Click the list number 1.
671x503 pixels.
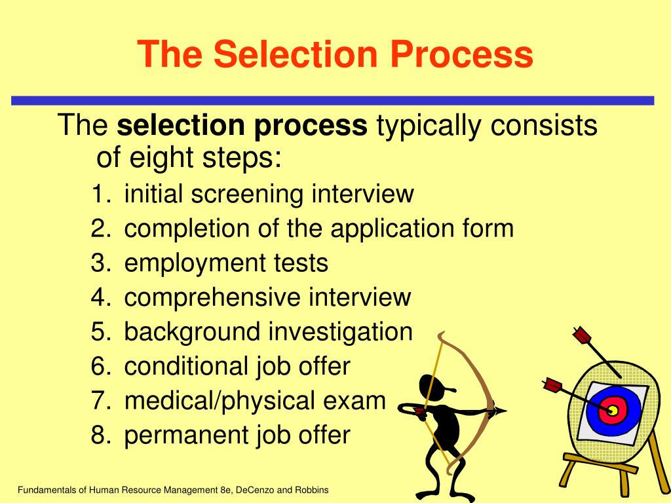pos(99,195)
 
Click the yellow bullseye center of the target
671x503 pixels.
pos(613,411)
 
